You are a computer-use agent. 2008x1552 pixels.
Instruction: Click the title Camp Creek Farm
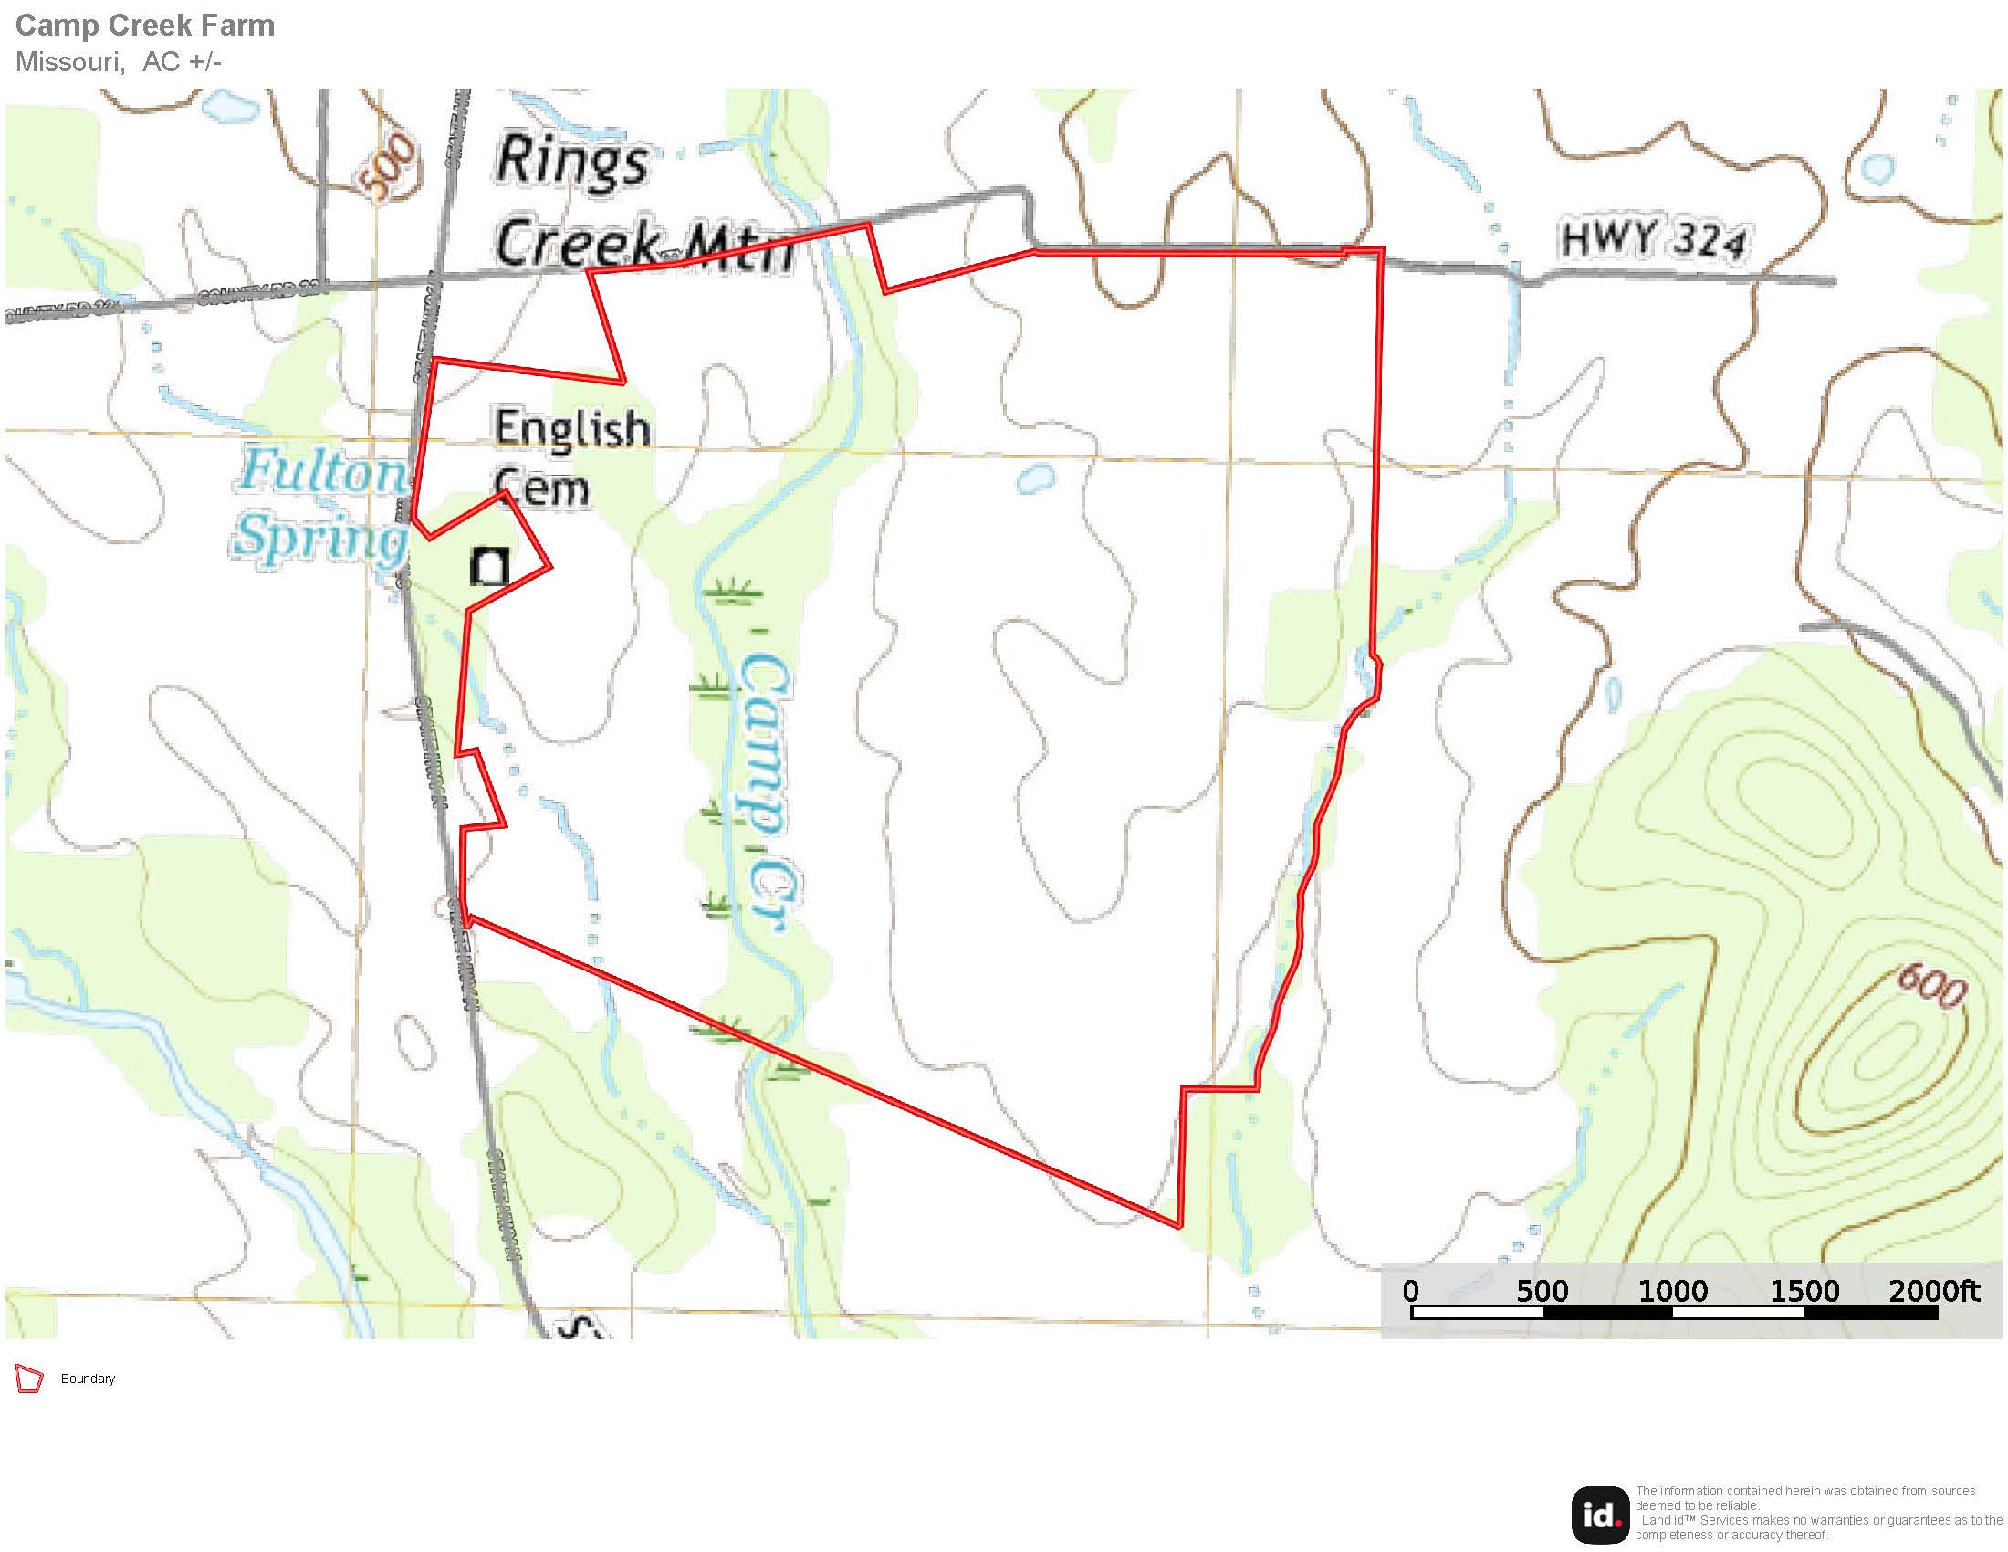point(145,26)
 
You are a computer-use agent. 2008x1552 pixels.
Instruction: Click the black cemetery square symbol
point(489,566)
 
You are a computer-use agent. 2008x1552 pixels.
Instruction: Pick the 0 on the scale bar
point(1410,1291)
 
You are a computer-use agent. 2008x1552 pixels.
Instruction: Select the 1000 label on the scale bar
point(1672,1291)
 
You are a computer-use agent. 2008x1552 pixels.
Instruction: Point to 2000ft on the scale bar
point(1934,1291)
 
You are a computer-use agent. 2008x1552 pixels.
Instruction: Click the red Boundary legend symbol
point(28,1379)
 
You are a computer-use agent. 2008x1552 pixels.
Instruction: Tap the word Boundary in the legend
point(89,1379)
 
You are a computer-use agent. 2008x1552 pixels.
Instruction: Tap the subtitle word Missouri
point(69,61)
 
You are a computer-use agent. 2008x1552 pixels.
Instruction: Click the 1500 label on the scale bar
point(1804,1291)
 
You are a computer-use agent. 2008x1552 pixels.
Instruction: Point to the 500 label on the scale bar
point(1542,1291)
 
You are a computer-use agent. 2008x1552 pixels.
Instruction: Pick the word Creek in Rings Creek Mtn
point(578,241)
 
